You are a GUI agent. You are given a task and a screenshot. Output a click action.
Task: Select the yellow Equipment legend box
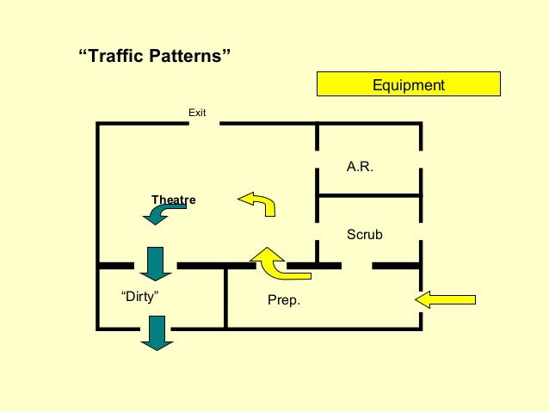(409, 84)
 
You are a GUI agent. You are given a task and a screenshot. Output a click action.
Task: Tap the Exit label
(197, 112)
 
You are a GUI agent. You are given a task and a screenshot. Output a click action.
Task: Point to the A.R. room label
(360, 167)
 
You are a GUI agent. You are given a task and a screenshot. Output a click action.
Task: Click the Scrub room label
(364, 234)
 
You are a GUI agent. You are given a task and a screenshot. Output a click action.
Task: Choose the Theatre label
(173, 200)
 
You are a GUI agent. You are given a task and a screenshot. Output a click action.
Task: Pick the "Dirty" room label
(141, 296)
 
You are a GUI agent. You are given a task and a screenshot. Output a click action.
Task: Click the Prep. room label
(284, 302)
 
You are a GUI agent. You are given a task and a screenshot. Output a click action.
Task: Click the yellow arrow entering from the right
(445, 299)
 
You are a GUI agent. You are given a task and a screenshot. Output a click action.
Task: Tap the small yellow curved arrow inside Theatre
(257, 203)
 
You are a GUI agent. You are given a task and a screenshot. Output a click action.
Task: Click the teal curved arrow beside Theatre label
(160, 214)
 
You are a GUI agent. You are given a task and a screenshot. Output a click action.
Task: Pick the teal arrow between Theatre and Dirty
(156, 263)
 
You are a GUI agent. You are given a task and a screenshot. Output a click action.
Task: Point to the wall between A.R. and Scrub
(369, 196)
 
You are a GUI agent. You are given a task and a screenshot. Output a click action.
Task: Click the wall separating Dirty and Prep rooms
(225, 297)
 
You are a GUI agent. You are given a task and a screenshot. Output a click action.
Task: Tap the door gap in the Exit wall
(205, 124)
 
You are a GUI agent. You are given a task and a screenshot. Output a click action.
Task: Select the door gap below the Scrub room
(358, 265)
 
